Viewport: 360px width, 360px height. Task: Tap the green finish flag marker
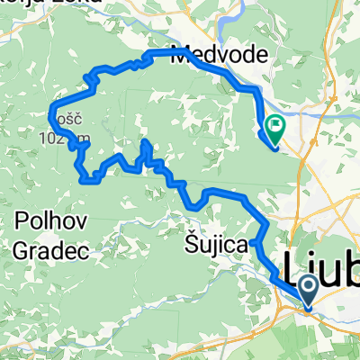[274, 128]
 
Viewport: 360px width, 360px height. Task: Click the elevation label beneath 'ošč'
[65, 138]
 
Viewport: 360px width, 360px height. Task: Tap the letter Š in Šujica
[191, 244]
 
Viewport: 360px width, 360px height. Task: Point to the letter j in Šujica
[220, 246]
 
